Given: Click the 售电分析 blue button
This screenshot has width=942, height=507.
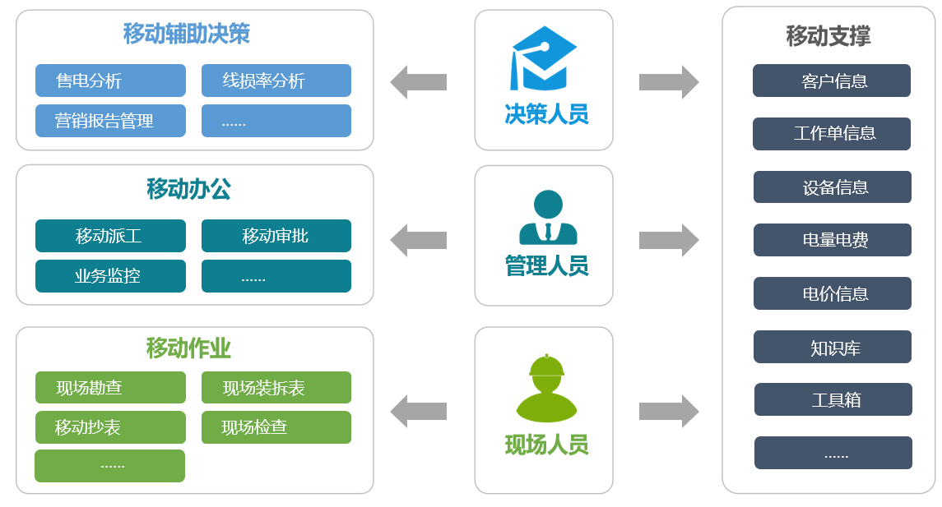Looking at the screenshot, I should point(110,81).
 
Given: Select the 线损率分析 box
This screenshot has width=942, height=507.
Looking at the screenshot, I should point(276,81).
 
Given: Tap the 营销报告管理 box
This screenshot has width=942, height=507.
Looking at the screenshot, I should point(110,121).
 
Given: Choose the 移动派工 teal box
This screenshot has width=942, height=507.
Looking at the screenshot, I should point(110,236).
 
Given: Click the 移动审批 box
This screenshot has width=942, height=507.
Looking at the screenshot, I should point(276,236).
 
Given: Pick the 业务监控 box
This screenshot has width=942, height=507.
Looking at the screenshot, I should point(110,276).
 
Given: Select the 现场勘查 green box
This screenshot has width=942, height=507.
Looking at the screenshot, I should point(110,388).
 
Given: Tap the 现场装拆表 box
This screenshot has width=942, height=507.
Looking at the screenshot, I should point(276,388).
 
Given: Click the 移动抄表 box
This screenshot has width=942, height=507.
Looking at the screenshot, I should point(110,427).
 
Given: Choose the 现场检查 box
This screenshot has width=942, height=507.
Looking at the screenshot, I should point(276,427).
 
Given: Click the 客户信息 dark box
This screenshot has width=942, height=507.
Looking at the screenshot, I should point(831,81).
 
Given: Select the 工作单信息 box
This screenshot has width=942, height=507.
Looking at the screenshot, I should point(831,134).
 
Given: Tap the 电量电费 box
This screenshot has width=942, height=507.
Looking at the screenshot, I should point(832,240).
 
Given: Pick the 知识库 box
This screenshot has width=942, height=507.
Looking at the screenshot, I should point(832,347).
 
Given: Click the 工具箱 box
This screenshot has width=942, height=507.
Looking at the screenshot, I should point(833,399).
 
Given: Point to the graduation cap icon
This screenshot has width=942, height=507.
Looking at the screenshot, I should point(543,58).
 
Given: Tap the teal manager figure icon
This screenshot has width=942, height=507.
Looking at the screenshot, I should point(548,218).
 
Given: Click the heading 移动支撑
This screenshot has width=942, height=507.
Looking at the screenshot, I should point(828,36).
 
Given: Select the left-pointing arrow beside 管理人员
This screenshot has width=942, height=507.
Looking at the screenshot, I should point(418,240).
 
